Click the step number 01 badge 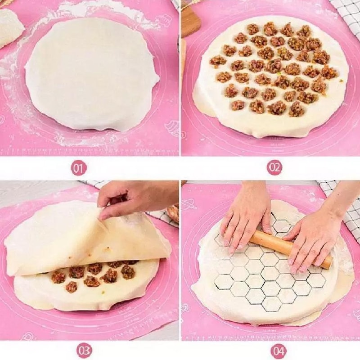pyautogui.click(x=79, y=168)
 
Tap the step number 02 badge pyautogui.click(x=274, y=168)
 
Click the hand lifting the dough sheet pyautogui.click(x=135, y=198)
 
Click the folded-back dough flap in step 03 pyautogui.click(x=81, y=238)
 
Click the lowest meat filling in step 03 pyautogui.click(x=71, y=287)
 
